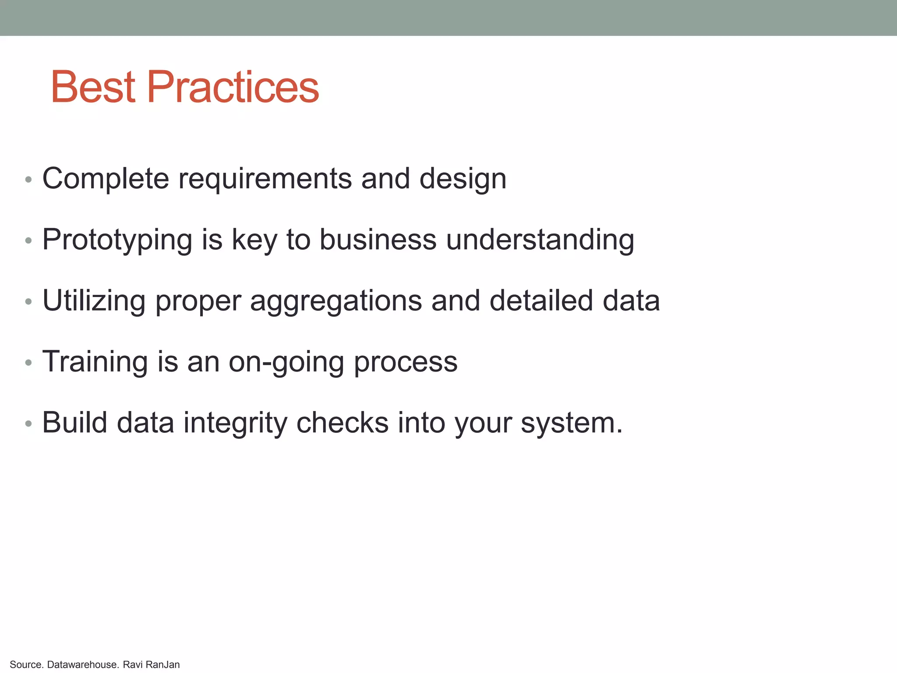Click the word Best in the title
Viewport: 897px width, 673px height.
point(93,87)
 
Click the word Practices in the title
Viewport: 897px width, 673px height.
point(233,87)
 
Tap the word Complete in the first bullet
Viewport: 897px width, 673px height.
point(106,179)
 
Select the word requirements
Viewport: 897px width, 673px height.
point(265,179)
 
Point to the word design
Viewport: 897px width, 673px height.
point(463,179)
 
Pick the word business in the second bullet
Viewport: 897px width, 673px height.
point(378,240)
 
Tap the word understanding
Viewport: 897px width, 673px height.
point(540,240)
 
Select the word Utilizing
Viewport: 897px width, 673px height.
point(94,301)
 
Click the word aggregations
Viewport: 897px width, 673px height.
point(335,301)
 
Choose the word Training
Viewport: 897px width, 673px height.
point(95,362)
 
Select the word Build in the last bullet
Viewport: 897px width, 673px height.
point(75,423)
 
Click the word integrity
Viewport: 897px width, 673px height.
point(235,423)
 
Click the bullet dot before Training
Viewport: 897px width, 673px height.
point(28,363)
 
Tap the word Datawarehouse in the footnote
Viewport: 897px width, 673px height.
point(82,665)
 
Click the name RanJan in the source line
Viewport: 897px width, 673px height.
point(162,665)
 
